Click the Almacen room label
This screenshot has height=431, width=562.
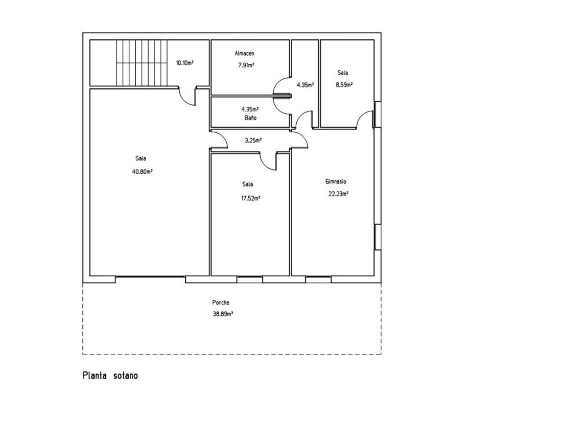coord(244,54)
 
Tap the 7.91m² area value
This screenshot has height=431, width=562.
coord(246,65)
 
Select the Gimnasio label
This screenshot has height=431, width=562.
coord(336,182)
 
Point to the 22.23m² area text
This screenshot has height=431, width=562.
coord(339,194)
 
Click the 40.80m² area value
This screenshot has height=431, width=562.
coord(143,172)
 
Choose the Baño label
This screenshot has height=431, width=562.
coord(250,117)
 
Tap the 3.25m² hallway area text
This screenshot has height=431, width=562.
coord(253,140)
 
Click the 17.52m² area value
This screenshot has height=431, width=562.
coord(250,198)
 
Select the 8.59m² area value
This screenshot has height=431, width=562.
coord(344,85)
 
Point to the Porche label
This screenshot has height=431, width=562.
coord(221,302)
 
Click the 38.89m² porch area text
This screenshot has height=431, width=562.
coord(223,314)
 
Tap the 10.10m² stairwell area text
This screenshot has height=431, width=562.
coord(184,63)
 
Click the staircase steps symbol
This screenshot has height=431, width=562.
coord(142,63)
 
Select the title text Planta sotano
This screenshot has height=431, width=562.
coord(110,376)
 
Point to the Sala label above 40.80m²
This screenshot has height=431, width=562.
coord(140,158)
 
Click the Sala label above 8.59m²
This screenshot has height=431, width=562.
coord(343,73)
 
